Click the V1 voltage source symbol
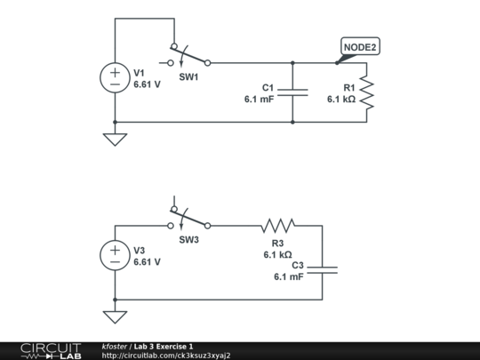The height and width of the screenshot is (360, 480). pos(115,78)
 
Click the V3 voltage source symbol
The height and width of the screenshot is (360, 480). pos(115,256)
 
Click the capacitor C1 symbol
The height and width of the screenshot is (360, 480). pos(292,92)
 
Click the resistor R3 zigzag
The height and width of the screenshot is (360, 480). pos(277,226)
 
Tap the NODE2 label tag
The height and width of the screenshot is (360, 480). pos(366,48)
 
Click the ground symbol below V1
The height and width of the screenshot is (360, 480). pos(115,139)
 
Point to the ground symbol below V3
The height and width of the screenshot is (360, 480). pos(115,316)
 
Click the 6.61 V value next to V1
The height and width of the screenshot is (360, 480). pos(147,85)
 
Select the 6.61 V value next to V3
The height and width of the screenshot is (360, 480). pos(147,262)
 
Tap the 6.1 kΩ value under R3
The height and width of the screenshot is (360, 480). pos(277,254)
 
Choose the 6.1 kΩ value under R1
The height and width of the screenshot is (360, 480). pos(340,100)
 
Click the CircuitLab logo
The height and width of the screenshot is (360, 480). pos(50,350)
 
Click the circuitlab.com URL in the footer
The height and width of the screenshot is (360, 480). pos(165,356)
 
